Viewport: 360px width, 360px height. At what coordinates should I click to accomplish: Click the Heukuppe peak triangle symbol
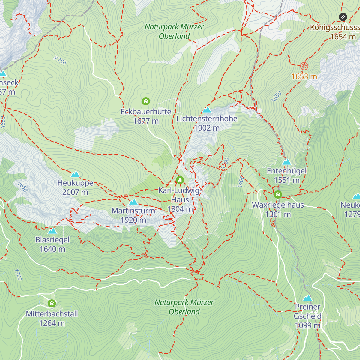tap(75, 174)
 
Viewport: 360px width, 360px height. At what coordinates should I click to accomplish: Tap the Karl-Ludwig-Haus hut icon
tap(180, 180)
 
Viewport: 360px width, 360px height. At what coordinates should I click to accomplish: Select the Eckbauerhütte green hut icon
tap(146, 101)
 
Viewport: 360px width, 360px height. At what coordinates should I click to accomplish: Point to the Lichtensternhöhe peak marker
tap(207, 110)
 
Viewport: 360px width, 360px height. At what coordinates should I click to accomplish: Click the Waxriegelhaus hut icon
tap(278, 195)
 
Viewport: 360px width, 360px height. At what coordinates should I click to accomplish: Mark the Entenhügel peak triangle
tap(287, 162)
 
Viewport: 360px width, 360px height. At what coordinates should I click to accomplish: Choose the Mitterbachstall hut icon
tap(52, 304)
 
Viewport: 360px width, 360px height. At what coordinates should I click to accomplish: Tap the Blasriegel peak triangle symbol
tap(52, 231)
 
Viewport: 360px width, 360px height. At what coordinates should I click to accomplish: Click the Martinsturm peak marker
tap(133, 202)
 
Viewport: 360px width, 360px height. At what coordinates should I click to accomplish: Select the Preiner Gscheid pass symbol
tap(307, 298)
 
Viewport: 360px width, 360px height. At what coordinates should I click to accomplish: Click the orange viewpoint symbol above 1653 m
tap(304, 66)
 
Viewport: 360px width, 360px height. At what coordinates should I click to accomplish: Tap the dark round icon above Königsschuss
tap(343, 17)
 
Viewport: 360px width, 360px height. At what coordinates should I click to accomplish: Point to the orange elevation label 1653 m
tap(304, 76)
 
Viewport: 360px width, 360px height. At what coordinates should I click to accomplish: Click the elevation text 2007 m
tap(75, 192)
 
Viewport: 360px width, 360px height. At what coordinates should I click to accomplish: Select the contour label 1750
tap(60, 61)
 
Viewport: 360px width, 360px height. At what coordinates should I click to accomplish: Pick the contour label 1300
tap(18, 274)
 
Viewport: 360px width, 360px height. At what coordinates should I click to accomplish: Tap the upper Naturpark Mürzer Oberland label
tap(174, 31)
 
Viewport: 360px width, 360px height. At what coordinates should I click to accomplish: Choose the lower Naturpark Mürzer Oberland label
tap(184, 307)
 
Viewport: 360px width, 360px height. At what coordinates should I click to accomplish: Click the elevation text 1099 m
tap(307, 325)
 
